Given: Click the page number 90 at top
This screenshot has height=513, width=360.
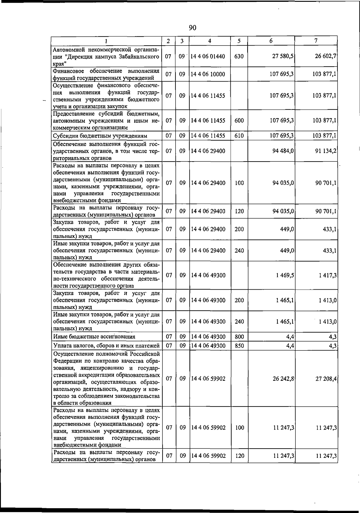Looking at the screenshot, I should click(x=193, y=28).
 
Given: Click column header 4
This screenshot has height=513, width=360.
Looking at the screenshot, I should click(x=210, y=41).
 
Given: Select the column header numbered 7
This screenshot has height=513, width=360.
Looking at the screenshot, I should click(x=316, y=40).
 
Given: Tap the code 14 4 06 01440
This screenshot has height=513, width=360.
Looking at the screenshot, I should click(x=208, y=56).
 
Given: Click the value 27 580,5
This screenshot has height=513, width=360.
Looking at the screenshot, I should click(x=283, y=56).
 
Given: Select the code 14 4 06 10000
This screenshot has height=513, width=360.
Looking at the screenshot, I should click(x=208, y=74).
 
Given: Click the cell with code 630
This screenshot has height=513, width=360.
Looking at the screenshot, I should click(x=239, y=56).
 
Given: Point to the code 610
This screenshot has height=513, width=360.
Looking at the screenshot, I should click(x=239, y=136).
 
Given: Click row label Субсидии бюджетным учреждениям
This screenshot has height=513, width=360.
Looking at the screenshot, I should click(x=100, y=136).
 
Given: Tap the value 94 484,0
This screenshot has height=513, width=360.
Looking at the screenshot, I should click(x=283, y=151).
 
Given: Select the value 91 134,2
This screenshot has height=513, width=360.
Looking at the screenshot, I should click(x=325, y=151).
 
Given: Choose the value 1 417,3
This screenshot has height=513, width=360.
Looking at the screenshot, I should click(x=327, y=275).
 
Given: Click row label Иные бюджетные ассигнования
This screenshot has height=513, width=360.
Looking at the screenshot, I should click(x=94, y=337).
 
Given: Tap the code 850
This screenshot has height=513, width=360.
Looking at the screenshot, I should click(x=239, y=346).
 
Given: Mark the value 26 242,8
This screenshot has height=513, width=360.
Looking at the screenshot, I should click(x=283, y=378).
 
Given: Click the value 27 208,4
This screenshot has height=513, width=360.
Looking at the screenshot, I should click(x=326, y=378).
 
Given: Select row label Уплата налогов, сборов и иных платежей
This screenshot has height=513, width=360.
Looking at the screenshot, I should click(x=106, y=346).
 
